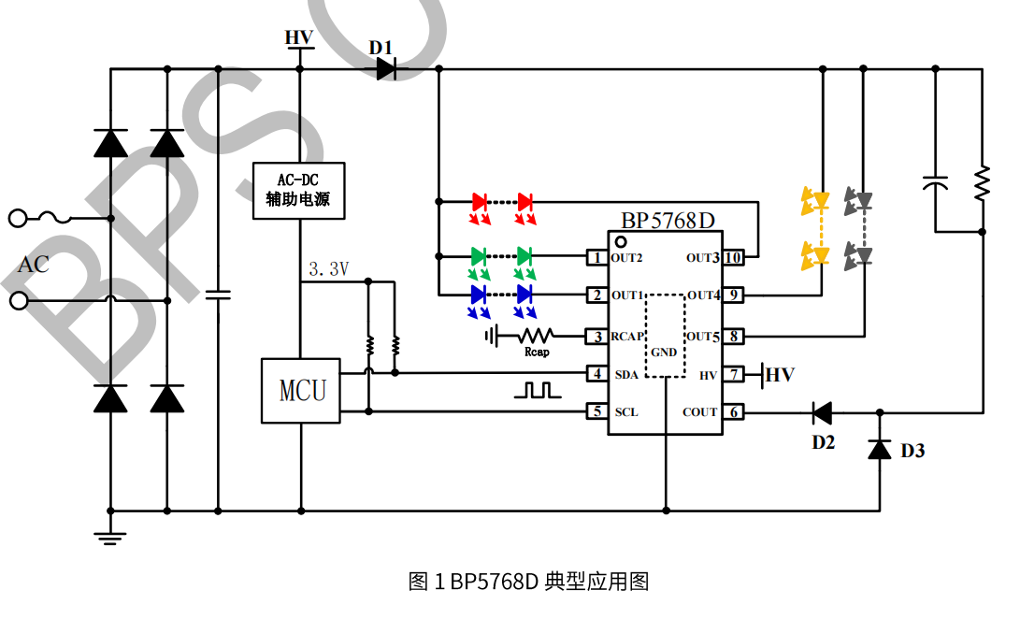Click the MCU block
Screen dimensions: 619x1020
pyautogui.click(x=299, y=390)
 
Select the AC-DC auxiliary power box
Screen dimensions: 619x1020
pyautogui.click(x=298, y=190)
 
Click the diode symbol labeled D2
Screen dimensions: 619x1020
pyautogui.click(x=822, y=411)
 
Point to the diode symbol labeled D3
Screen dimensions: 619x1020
pyautogui.click(x=879, y=450)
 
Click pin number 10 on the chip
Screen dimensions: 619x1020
pyautogui.click(x=734, y=257)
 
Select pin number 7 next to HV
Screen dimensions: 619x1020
pyautogui.click(x=734, y=375)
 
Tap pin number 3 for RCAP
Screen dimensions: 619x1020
pyautogui.click(x=596, y=336)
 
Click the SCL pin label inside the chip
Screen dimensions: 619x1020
pyautogui.click(x=626, y=411)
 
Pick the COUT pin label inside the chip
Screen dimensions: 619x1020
pyautogui.click(x=699, y=411)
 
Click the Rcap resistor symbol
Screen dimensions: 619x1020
pyautogui.click(x=535, y=335)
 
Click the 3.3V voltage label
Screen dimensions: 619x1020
pyautogui.click(x=328, y=269)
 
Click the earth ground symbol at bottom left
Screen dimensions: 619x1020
pyautogui.click(x=110, y=536)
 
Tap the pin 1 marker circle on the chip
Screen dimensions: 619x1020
pyautogui.click(x=620, y=241)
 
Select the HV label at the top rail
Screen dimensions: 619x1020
pyautogui.click(x=299, y=37)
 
